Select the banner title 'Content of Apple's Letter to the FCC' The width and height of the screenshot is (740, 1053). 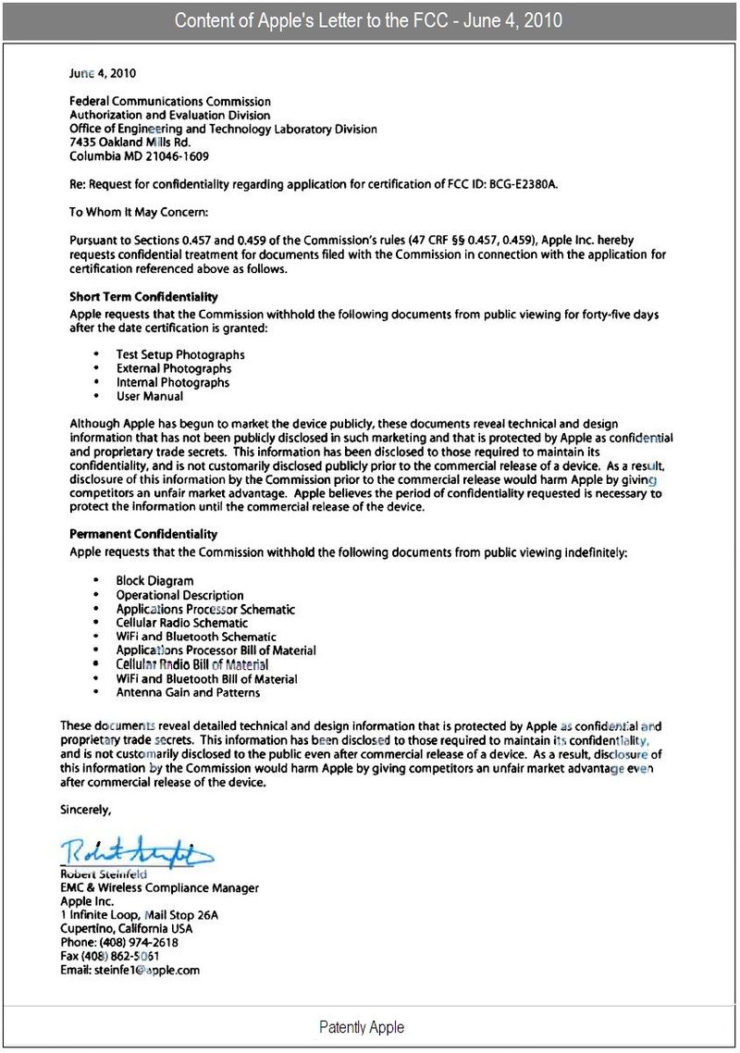pyautogui.click(x=370, y=20)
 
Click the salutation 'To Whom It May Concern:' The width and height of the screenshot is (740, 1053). pyautogui.click(x=140, y=212)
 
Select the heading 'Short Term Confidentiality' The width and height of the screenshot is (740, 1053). pyautogui.click(x=143, y=297)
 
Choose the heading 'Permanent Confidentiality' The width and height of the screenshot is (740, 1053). pyautogui.click(x=143, y=534)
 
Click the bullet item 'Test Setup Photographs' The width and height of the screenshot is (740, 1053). pyautogui.click(x=180, y=354)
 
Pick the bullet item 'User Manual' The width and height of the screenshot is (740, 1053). pyautogui.click(x=150, y=396)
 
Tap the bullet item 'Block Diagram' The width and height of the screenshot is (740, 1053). pyautogui.click(x=154, y=581)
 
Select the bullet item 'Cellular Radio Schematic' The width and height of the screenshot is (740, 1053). pyautogui.click(x=182, y=623)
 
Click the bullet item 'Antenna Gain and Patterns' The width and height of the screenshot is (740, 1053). pyautogui.click(x=188, y=692)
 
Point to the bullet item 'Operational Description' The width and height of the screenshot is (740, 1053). pyautogui.click(x=179, y=595)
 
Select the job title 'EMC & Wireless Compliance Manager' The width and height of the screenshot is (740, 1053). pyautogui.click(x=159, y=887)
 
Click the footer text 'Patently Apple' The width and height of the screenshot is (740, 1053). pyautogui.click(x=362, y=1027)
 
